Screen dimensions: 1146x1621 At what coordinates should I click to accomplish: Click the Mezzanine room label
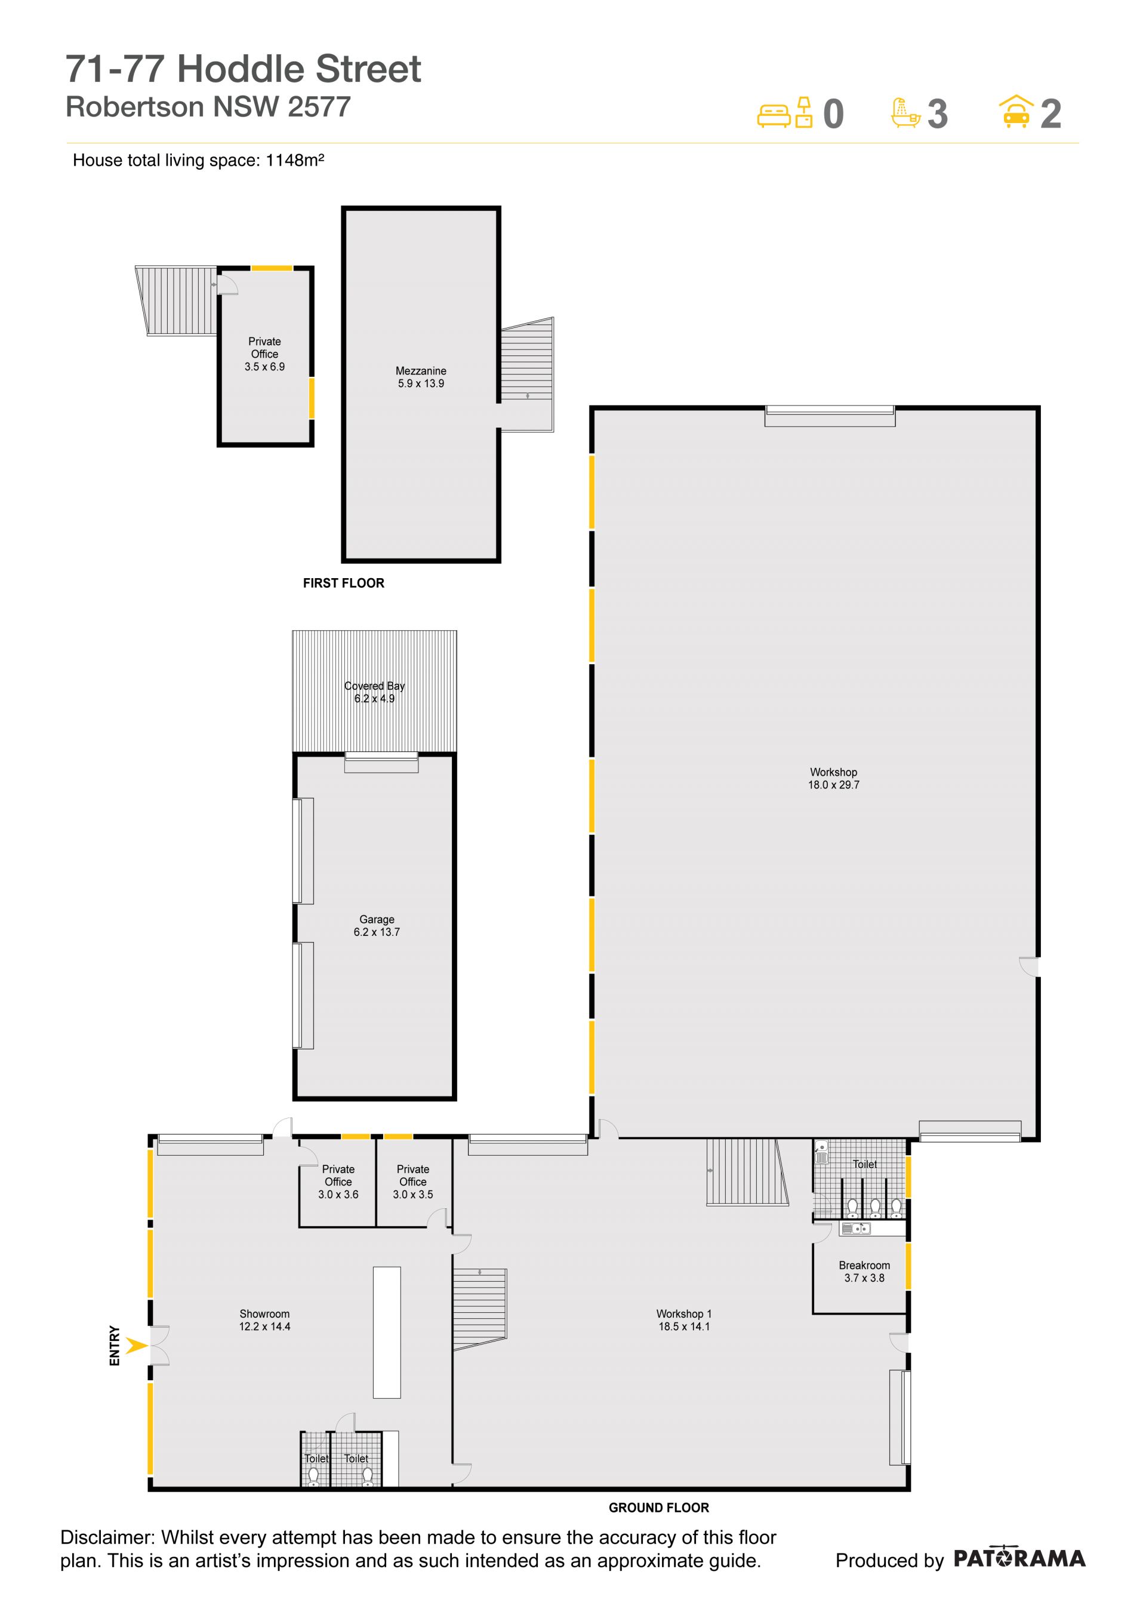(x=421, y=371)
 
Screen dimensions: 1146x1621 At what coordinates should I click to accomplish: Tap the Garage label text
(x=377, y=919)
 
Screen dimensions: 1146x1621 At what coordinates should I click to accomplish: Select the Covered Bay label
(x=375, y=686)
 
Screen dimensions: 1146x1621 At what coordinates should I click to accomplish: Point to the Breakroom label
(x=864, y=1265)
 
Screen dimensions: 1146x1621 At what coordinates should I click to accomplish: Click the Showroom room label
(x=264, y=1314)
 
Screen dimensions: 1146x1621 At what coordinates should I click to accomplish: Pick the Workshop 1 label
(x=684, y=1314)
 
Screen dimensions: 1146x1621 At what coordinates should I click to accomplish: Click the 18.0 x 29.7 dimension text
(x=833, y=784)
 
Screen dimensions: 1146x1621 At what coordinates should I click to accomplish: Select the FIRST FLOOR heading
(x=344, y=583)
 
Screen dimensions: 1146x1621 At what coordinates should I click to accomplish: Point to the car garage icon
(x=1016, y=112)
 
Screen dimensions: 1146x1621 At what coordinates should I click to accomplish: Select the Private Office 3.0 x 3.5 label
(x=413, y=1182)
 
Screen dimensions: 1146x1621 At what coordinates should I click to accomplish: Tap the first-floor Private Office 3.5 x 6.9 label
(x=264, y=354)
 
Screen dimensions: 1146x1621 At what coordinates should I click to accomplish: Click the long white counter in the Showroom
(x=387, y=1333)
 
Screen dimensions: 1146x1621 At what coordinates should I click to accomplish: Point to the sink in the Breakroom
(x=855, y=1229)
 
